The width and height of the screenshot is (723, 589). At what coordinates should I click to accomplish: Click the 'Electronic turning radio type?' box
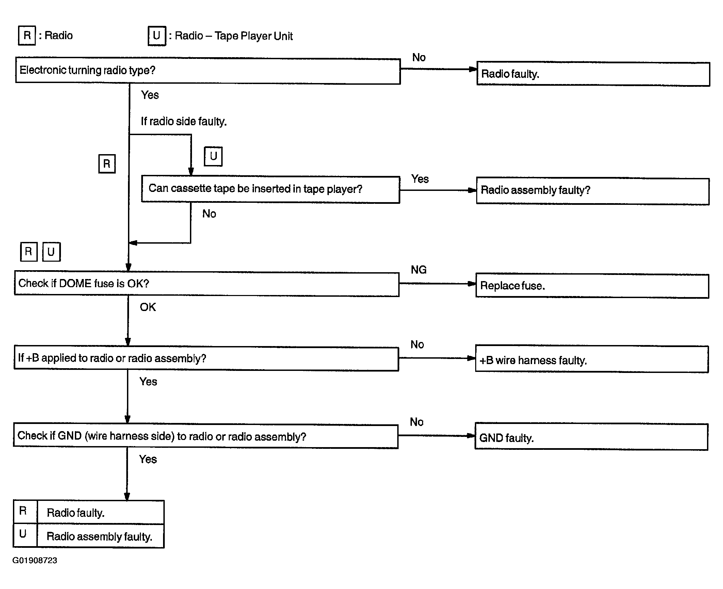(x=208, y=71)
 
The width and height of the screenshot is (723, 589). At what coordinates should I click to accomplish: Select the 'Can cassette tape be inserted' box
(x=271, y=190)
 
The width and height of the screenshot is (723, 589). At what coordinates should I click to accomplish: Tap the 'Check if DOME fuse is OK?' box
(x=207, y=284)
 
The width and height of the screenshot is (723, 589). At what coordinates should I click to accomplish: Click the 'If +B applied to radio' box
(x=206, y=359)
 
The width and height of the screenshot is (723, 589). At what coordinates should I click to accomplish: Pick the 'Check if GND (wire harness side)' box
(x=206, y=436)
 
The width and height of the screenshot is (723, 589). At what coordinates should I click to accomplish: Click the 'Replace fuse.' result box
(x=592, y=286)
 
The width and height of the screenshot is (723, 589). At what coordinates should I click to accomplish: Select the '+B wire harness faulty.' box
(x=592, y=359)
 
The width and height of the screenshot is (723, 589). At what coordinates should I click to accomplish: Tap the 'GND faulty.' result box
(x=592, y=437)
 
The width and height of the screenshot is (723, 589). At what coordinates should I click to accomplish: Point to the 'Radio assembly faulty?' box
(x=593, y=191)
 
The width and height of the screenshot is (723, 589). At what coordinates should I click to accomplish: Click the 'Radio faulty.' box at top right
(x=593, y=74)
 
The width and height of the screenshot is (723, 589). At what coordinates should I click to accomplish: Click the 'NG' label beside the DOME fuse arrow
(x=419, y=270)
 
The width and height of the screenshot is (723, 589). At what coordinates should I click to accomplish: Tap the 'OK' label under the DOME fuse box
(x=148, y=307)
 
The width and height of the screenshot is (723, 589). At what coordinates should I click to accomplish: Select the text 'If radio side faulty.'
(x=184, y=121)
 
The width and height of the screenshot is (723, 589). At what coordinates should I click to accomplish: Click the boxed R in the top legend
(x=27, y=35)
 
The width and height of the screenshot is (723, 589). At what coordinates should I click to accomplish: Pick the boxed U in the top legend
(x=157, y=36)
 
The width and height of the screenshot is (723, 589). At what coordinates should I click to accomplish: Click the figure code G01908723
(x=35, y=560)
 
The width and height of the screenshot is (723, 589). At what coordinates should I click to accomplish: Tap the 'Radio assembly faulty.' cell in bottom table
(x=100, y=536)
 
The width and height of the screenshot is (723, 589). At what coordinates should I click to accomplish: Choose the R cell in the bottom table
(x=25, y=512)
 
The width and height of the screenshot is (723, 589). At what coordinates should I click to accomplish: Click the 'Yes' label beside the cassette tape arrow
(x=420, y=179)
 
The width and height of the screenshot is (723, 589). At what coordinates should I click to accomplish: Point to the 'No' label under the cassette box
(x=209, y=214)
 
